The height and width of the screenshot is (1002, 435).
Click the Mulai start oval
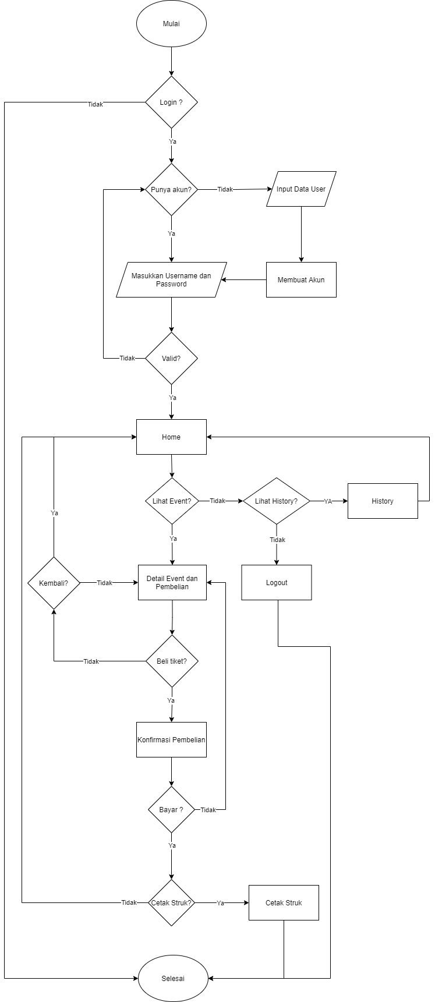click(x=171, y=24)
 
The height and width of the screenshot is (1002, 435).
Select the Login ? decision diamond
click(x=171, y=102)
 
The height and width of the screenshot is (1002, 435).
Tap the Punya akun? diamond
click(x=171, y=190)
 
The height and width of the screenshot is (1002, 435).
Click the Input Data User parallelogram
click(x=301, y=189)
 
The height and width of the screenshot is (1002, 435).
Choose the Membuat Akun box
click(x=301, y=280)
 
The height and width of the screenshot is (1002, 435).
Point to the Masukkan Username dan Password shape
click(x=171, y=280)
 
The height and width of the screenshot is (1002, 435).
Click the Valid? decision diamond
click(x=171, y=359)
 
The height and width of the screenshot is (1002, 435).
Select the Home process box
click(x=171, y=437)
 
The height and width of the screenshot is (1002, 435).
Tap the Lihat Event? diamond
click(x=172, y=501)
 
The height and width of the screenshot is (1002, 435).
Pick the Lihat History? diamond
click(x=277, y=501)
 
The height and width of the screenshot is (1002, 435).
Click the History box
click(x=383, y=501)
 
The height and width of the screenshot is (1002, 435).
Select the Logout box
click(x=277, y=583)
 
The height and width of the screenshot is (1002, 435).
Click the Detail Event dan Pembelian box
click(x=172, y=583)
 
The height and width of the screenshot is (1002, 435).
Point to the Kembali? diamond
click(x=54, y=583)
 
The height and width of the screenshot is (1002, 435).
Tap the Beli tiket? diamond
click(x=172, y=661)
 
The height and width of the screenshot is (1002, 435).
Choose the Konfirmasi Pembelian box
click(x=171, y=740)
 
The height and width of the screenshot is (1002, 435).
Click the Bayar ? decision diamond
click(x=171, y=810)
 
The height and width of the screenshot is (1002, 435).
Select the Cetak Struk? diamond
click(x=171, y=903)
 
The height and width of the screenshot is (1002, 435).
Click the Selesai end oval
click(x=173, y=979)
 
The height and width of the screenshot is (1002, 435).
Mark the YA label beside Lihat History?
click(x=328, y=501)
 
